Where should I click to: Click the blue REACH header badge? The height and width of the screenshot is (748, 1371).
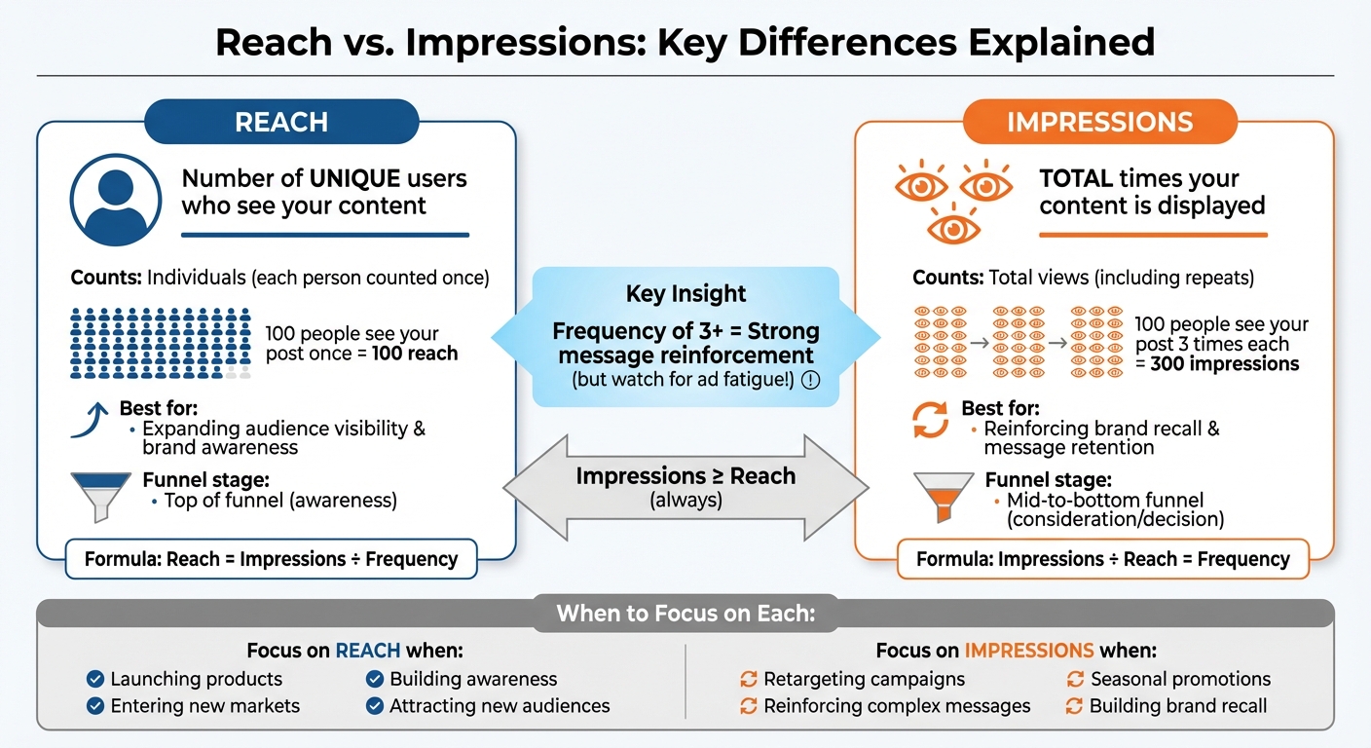pos(280,122)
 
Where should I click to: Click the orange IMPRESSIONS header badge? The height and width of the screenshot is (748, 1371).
pos(1099,122)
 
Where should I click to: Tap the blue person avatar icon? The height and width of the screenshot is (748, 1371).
pos(115,200)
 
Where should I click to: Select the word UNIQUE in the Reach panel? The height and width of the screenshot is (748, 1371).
pos(354,179)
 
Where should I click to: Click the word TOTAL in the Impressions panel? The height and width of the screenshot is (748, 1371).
pos(1076,179)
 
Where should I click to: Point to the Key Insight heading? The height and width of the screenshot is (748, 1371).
pos(685,294)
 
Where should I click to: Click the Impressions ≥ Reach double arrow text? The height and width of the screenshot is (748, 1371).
pos(685,476)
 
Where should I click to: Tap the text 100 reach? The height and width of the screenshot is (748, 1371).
pos(415,354)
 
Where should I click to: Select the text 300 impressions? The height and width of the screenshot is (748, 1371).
pos(1224,364)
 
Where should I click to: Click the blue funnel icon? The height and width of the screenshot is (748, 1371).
pos(100,494)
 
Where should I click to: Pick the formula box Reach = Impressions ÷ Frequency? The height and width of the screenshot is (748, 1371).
pos(271,559)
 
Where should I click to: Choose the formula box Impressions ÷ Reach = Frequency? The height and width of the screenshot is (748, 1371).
pos(1102,559)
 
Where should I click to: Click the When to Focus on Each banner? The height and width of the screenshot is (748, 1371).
pos(685,615)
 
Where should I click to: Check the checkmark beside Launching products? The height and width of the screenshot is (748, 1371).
pos(95,679)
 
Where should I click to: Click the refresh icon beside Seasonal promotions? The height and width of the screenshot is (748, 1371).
pos(1076,679)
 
